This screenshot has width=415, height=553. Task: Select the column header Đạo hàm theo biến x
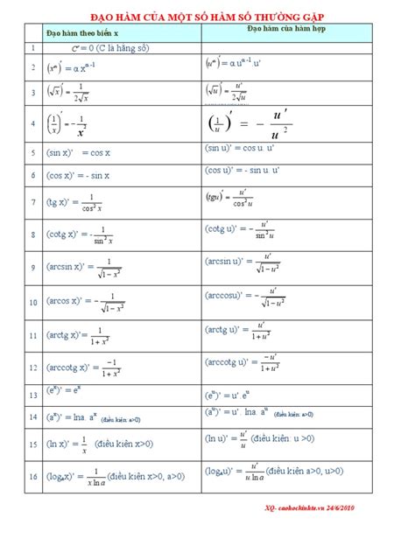81,34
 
